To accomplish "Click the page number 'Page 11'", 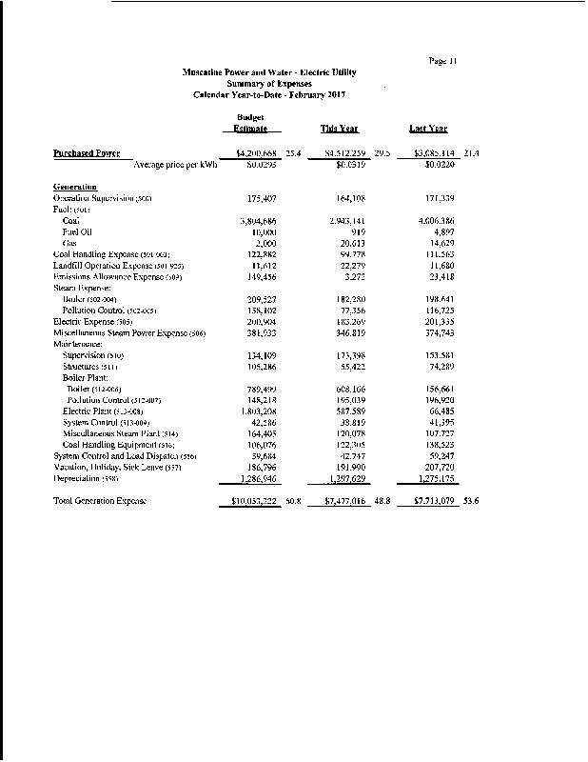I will (443, 61).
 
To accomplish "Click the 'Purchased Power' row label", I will (87, 152).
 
